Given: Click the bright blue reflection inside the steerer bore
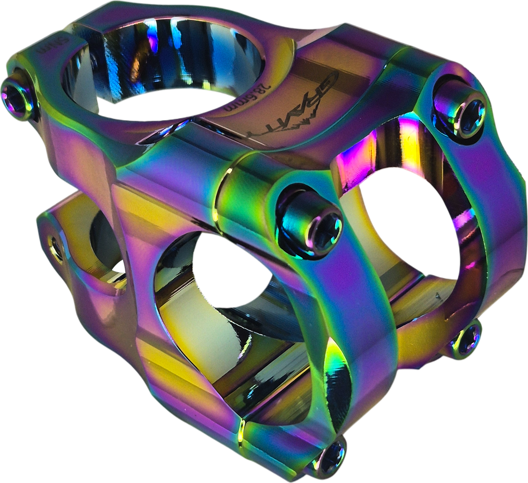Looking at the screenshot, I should [x=155, y=41].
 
